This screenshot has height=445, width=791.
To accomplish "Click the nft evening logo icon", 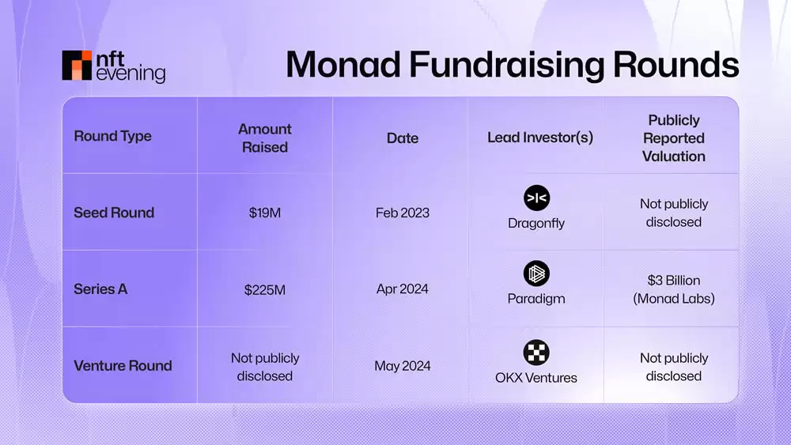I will pos(78,66).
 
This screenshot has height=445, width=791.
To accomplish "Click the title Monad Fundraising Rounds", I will pos(512,65).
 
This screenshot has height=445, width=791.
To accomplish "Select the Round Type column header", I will pos(112,136).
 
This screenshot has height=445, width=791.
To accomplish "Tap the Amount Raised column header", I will pos(264,138).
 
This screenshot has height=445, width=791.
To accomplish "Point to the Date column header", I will pos(402,138).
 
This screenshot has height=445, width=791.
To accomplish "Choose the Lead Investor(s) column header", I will pos(540,138).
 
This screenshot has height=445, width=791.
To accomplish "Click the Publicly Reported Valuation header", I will pos(673,138).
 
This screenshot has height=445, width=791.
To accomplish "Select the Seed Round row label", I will pos(114,213).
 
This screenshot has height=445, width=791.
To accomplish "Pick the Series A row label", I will pos(100,289).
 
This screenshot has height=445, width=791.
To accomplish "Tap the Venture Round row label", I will pos(123,366).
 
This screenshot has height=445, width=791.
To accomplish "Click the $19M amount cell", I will pos(264,213).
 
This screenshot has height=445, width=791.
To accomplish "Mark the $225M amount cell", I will pos(264,290).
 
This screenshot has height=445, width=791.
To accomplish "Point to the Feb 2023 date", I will pos(402,213).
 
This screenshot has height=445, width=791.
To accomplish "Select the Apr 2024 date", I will pos(402,289).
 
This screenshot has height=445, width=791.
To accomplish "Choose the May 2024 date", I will pos(402,366).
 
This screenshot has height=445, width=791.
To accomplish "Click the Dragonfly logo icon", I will pos(536,198).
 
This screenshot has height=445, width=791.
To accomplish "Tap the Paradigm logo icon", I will pos(536,274).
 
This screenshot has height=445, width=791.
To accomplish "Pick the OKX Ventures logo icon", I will pos(536,352).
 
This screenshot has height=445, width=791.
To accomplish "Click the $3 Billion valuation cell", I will pos(673,289).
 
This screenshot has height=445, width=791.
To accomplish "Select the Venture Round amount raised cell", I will pos(264,367).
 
